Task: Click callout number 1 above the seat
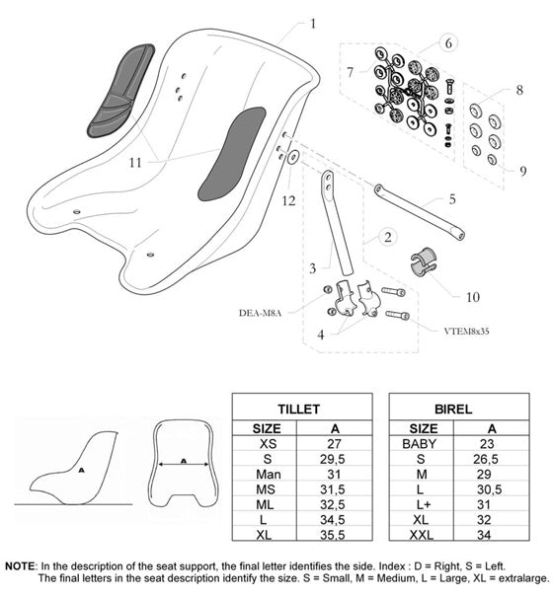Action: pos(313,23)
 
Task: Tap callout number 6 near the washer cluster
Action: pos(447,43)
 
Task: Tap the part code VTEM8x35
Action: pos(438,334)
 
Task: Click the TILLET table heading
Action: pos(302,407)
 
